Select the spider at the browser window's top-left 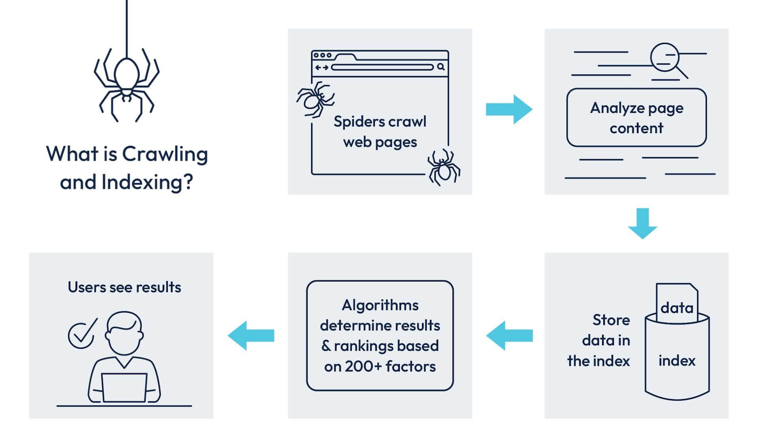coord(315,99)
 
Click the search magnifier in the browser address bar coord(441,67)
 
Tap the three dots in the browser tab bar coord(323,55)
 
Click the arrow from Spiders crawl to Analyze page coord(509,109)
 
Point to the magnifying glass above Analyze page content coord(665,58)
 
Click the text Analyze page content coord(636,118)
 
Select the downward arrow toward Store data coord(642,224)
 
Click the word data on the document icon coord(677,308)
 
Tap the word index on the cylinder coord(677,361)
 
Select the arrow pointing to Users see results coord(251,336)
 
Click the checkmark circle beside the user coord(81,335)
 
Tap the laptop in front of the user coord(124,387)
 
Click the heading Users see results coord(124,287)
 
